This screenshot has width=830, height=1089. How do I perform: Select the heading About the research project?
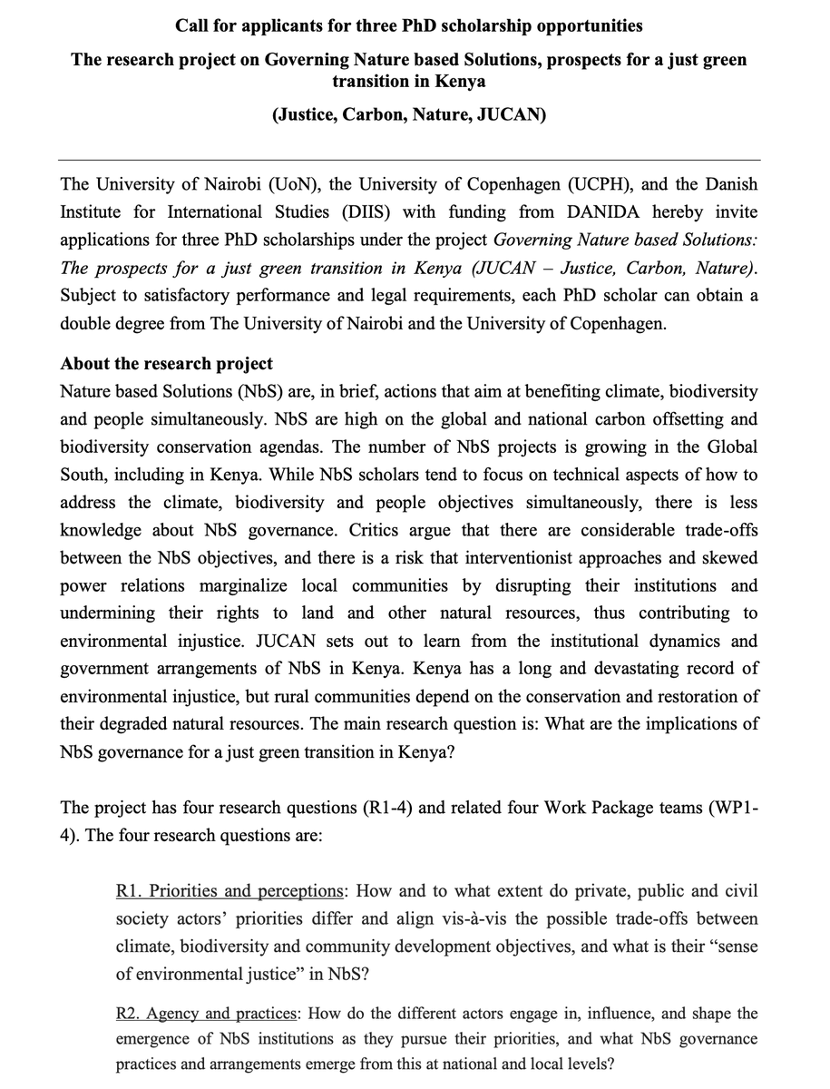(166, 363)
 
